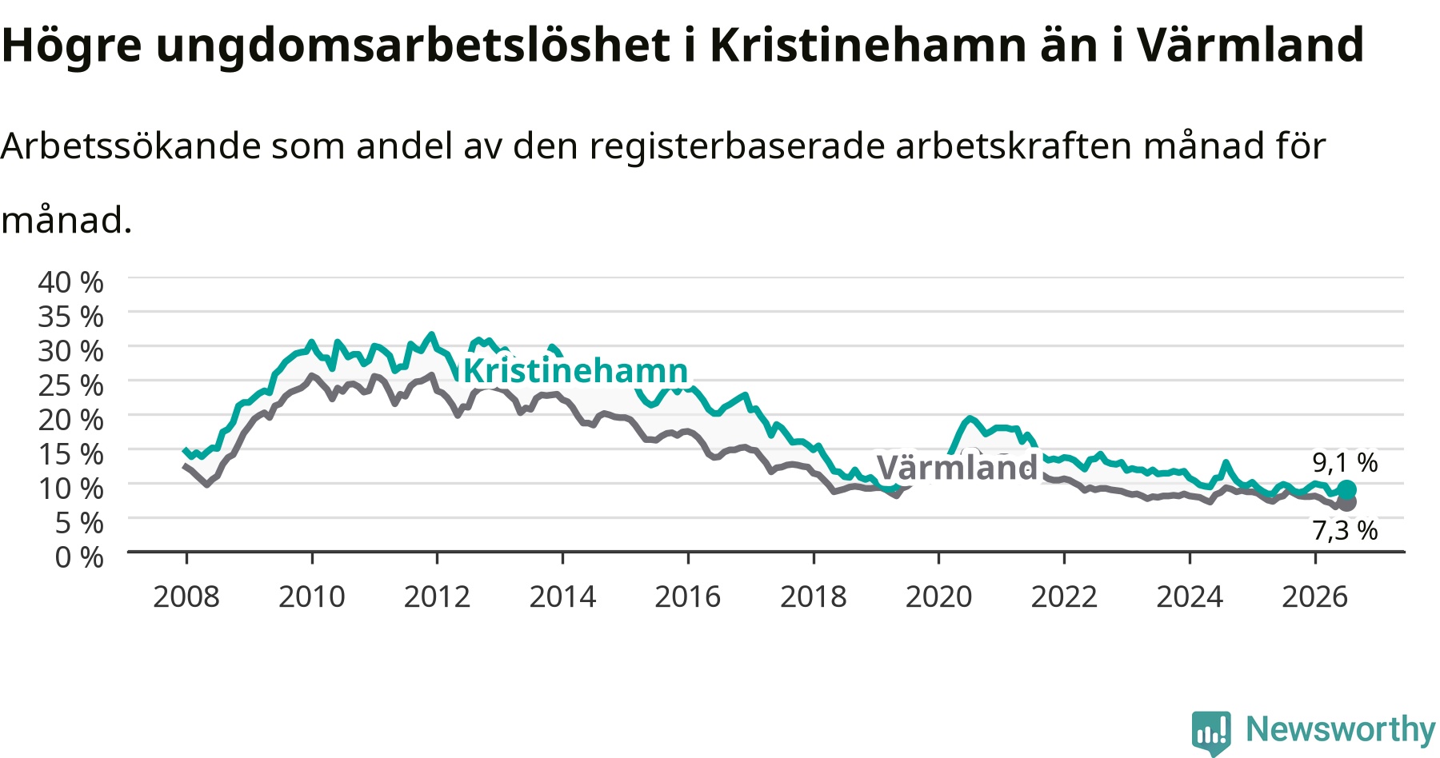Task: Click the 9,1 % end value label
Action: (1345, 462)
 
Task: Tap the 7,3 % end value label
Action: (1345, 530)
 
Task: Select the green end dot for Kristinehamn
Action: (1347, 489)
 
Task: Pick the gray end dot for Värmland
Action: (1348, 503)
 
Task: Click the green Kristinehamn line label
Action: (576, 371)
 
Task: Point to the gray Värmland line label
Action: (957, 467)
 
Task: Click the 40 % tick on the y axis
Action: (70, 282)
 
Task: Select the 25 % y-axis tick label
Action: (70, 385)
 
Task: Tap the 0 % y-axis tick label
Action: (79, 557)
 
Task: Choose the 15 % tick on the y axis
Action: (70, 454)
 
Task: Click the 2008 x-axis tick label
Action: (186, 596)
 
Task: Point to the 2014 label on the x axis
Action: (562, 596)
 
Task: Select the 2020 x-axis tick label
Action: (938, 596)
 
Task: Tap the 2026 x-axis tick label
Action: (1315, 596)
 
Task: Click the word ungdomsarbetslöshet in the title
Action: (413, 46)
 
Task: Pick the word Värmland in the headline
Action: (1250, 45)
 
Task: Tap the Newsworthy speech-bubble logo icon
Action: (1211, 732)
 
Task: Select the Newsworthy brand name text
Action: (1341, 729)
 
